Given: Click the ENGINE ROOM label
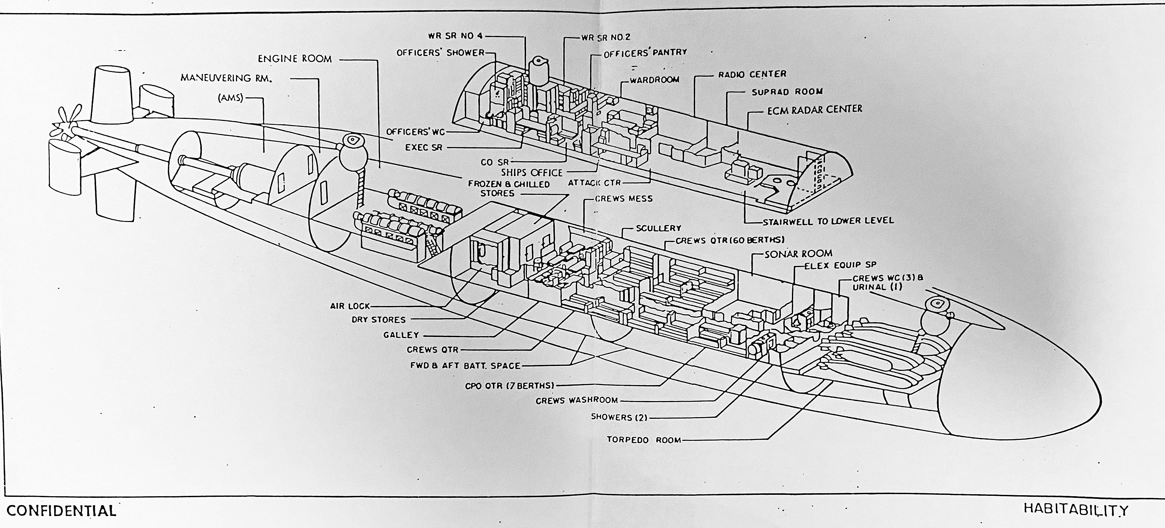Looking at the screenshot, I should [x=295, y=59].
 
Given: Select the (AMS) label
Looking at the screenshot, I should [x=230, y=98].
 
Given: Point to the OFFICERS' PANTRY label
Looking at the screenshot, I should [x=645, y=53].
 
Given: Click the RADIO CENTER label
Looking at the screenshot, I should [x=752, y=74].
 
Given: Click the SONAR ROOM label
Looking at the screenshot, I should [x=798, y=254].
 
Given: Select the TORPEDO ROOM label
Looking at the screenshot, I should [x=644, y=439].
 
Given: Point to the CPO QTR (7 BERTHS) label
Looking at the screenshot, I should [x=509, y=386].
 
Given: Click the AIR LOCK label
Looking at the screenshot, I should [x=350, y=306].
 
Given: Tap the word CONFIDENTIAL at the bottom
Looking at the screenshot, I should [x=62, y=511].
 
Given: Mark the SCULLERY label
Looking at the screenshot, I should [x=658, y=228].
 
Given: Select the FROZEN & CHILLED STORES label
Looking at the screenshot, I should [x=509, y=189].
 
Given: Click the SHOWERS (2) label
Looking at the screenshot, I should [x=619, y=417].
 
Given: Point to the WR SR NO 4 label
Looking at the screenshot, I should [x=456, y=36].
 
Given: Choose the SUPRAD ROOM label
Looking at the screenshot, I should [x=787, y=92].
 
